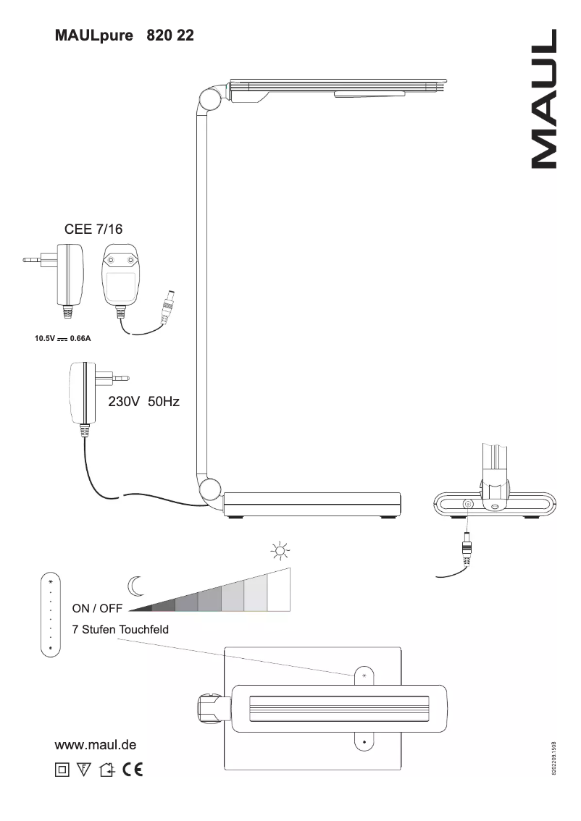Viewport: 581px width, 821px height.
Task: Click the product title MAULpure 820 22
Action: click(124, 35)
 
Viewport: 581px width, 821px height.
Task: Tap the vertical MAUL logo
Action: click(544, 99)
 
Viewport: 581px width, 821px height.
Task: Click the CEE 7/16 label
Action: click(94, 230)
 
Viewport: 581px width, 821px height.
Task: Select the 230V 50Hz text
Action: click(143, 402)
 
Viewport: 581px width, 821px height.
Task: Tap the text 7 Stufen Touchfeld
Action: click(120, 630)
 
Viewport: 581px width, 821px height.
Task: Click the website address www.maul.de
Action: click(96, 745)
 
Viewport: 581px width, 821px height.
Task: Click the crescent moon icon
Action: click(134, 584)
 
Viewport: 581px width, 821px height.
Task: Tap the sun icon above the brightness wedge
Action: click(280, 553)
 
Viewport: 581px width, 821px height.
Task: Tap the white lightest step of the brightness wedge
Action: click(280, 590)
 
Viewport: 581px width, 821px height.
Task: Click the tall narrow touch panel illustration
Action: click(51, 615)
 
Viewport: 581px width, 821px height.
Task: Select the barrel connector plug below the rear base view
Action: click(467, 547)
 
